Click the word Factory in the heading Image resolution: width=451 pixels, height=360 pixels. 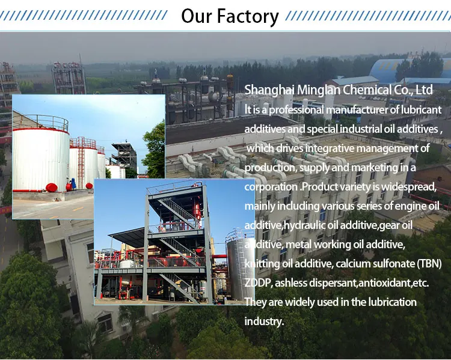point(248,16)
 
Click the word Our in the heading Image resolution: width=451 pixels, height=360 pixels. point(197,16)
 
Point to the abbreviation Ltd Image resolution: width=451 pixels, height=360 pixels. point(424,90)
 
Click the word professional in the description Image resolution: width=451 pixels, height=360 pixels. point(296,110)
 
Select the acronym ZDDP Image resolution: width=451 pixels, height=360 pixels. point(257,282)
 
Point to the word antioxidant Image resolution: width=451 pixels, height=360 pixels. point(384,283)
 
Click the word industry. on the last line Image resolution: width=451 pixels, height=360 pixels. point(264,321)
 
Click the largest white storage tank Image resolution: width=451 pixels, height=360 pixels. point(41,160)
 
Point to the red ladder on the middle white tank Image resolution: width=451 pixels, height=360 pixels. point(81,163)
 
